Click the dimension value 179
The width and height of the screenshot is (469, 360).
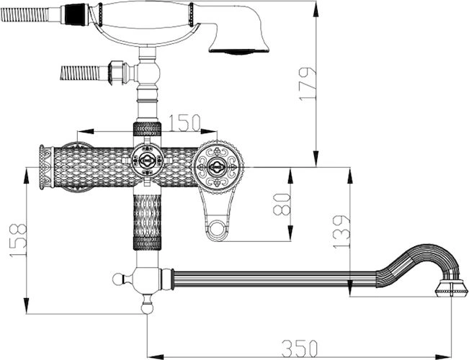point(307,84)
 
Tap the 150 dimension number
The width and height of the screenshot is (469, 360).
point(184,123)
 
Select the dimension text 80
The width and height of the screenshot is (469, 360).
point(282,204)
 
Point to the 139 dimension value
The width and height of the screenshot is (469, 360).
point(341,231)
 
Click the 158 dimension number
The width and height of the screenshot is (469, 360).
point(18,240)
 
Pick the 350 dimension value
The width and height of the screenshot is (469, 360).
point(299,348)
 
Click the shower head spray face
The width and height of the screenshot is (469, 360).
point(238,51)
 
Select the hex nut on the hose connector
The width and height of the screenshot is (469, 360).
point(117,73)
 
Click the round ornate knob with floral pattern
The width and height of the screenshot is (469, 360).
point(218,167)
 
